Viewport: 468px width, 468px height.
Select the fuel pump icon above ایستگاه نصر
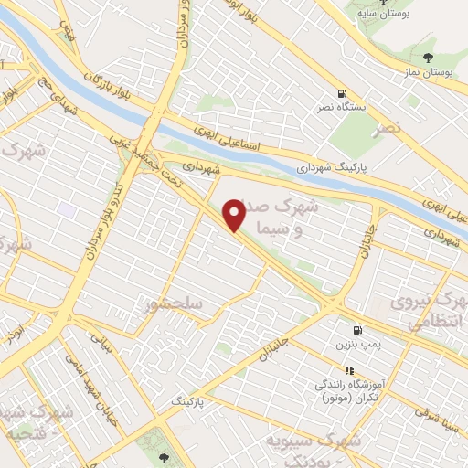[342, 93]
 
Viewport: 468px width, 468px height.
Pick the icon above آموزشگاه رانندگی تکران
[348, 369]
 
